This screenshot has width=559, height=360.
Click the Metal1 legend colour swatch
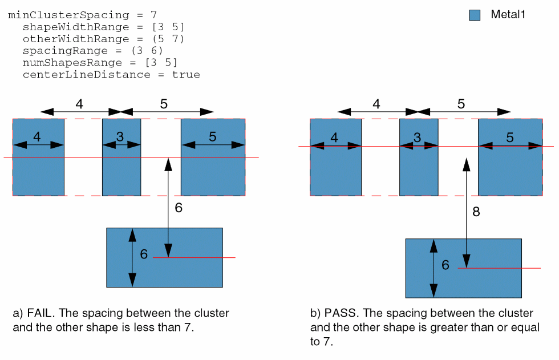coord(475,15)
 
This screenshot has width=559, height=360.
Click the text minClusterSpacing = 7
coord(82,15)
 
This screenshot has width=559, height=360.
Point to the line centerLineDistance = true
coord(111,75)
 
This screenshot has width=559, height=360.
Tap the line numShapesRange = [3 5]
coord(100,63)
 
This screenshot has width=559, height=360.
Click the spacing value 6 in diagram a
coord(179,208)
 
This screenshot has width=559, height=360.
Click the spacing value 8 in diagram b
coord(476,212)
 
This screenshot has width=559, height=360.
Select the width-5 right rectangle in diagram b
coord(509,171)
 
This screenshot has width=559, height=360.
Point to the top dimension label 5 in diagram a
coord(164,104)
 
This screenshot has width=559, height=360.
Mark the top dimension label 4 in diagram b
coord(376,104)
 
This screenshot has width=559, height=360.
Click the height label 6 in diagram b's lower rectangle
coord(445,265)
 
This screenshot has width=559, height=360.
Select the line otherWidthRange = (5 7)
coord(103,39)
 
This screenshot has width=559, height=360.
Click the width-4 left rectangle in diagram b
coord(335,171)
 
